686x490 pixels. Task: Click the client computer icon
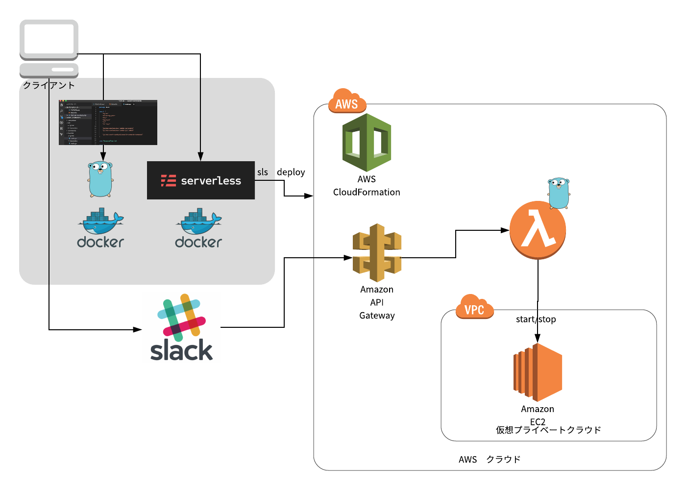tap(49, 49)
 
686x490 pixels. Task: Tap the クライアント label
tap(49, 85)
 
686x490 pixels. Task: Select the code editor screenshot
tap(108, 122)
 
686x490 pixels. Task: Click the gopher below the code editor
tap(100, 179)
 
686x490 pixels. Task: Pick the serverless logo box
tap(201, 180)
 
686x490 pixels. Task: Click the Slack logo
tap(181, 327)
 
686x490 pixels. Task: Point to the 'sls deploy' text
tap(281, 172)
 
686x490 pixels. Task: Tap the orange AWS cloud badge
tap(347, 101)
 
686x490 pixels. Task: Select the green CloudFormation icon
tap(367, 142)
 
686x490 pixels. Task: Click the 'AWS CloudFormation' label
tap(367, 186)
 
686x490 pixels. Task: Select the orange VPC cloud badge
tap(474, 307)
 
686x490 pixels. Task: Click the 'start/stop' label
tap(536, 319)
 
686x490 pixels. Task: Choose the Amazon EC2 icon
tap(538, 372)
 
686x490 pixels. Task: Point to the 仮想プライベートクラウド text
tap(548, 430)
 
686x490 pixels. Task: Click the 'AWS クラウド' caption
tap(490, 460)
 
